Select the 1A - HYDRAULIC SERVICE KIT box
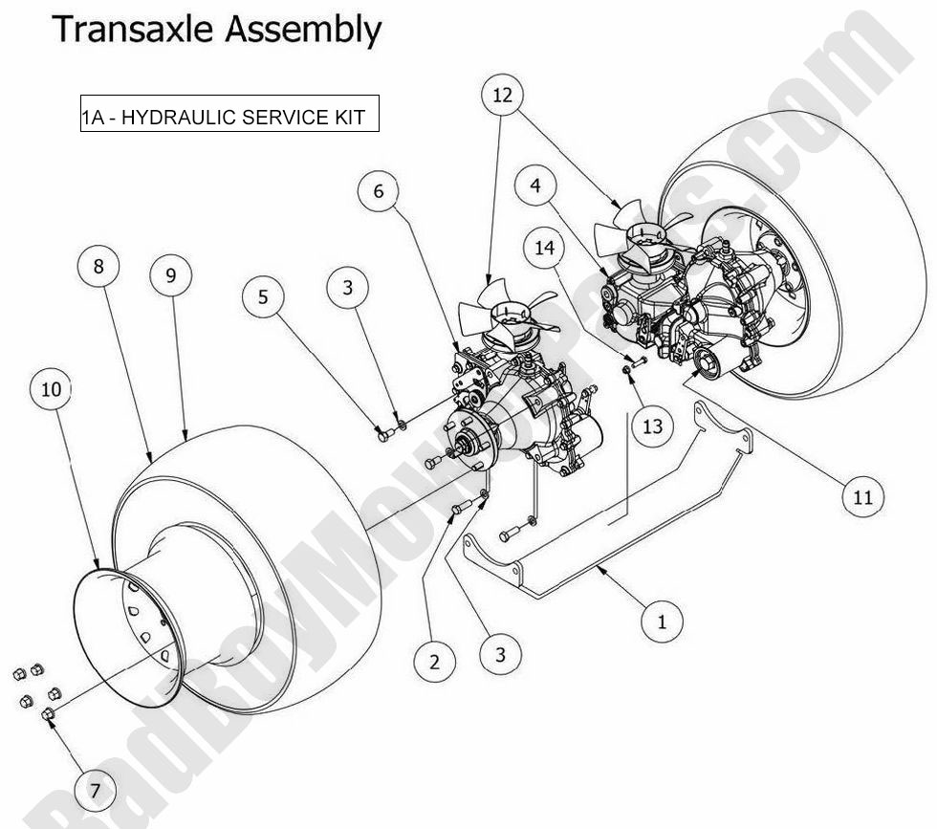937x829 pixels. [x=229, y=116]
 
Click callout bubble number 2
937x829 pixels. [x=435, y=662]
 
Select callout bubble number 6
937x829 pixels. [x=378, y=191]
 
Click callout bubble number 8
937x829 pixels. [x=98, y=267]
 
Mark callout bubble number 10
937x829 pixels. [x=52, y=389]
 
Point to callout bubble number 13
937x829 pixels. [x=652, y=426]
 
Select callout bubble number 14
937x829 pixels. [x=544, y=250]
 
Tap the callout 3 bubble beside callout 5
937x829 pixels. [x=347, y=287]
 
